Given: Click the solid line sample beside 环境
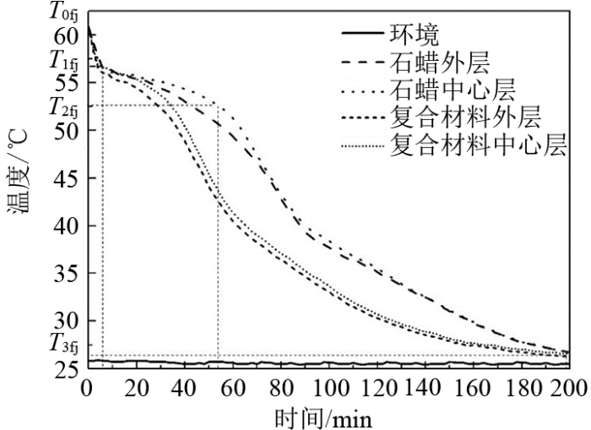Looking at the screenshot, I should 362,35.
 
